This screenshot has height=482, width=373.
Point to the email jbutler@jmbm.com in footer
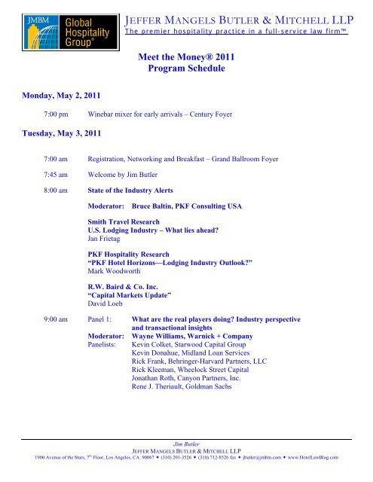[268, 456]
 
